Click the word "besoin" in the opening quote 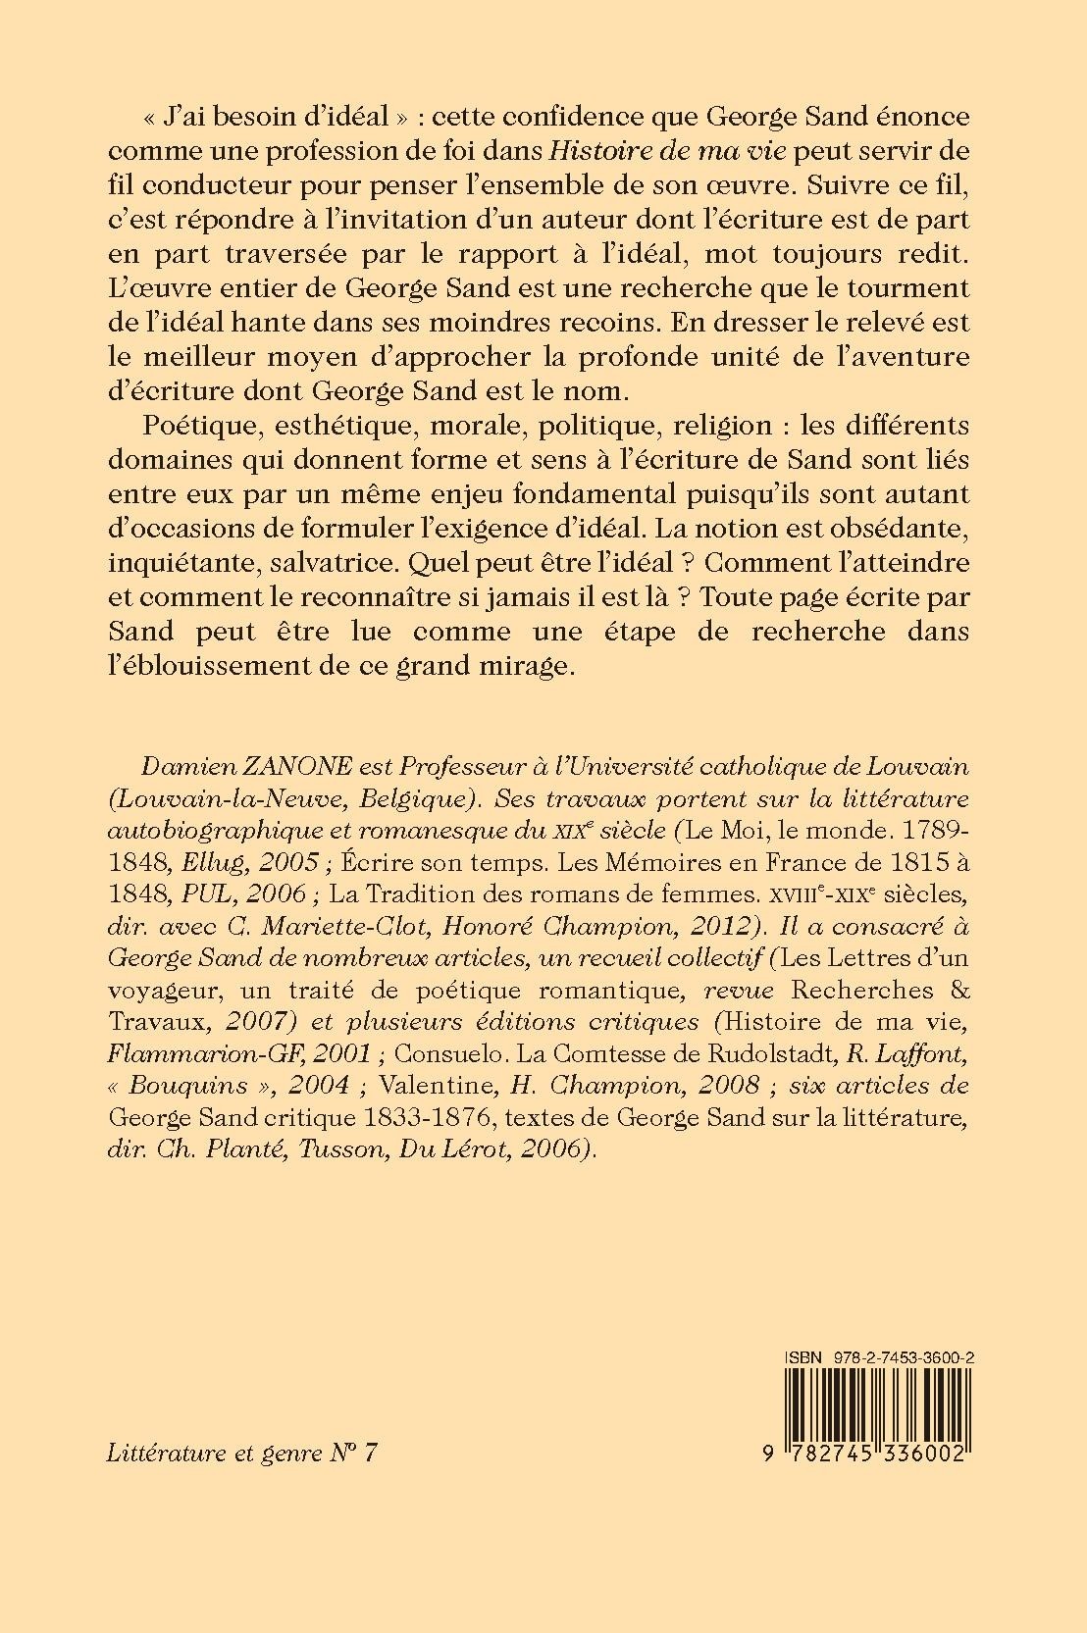tap(252, 116)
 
